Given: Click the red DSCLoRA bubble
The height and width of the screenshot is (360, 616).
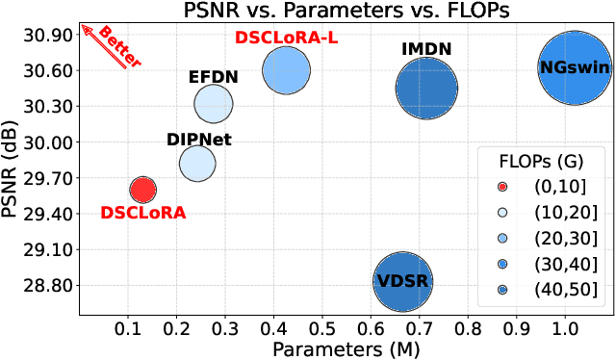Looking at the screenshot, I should [142, 190].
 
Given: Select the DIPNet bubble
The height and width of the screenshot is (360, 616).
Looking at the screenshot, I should [197, 163].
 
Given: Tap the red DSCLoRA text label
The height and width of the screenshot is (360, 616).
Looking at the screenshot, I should [142, 213].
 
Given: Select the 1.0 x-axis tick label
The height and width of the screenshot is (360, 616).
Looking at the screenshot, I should [563, 329].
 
